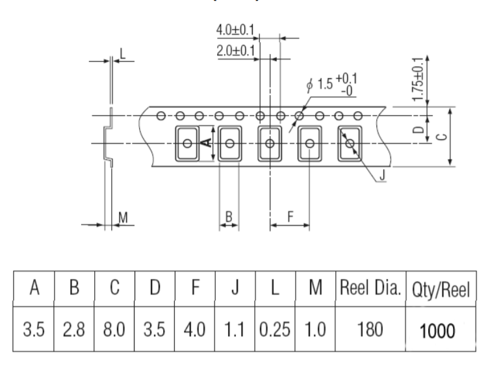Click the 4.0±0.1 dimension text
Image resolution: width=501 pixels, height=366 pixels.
point(235,30)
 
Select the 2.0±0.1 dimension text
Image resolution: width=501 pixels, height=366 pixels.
point(236,51)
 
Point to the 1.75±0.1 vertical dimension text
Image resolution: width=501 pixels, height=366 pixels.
point(418,79)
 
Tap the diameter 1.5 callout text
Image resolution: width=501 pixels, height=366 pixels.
point(331,85)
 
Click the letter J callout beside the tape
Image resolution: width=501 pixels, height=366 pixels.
point(382,175)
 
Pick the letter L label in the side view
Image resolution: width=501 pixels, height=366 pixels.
point(122,53)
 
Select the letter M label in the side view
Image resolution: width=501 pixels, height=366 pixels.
point(123,217)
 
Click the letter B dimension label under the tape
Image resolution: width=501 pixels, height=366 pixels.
point(229,216)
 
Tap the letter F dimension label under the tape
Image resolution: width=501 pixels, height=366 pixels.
point(290,216)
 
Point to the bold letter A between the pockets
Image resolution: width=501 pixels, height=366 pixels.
point(208,142)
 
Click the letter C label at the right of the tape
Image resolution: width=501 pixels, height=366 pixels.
point(442,137)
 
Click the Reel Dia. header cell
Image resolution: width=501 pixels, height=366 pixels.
point(370,289)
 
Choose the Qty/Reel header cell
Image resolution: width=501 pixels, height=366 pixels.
point(441,289)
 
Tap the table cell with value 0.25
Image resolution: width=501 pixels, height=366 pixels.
point(275,329)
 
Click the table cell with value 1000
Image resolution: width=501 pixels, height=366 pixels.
point(441,329)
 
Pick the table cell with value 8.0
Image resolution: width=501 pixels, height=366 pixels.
point(114,329)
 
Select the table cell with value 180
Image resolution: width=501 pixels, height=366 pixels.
point(370,329)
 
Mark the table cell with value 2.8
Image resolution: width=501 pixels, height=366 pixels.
point(74,329)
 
